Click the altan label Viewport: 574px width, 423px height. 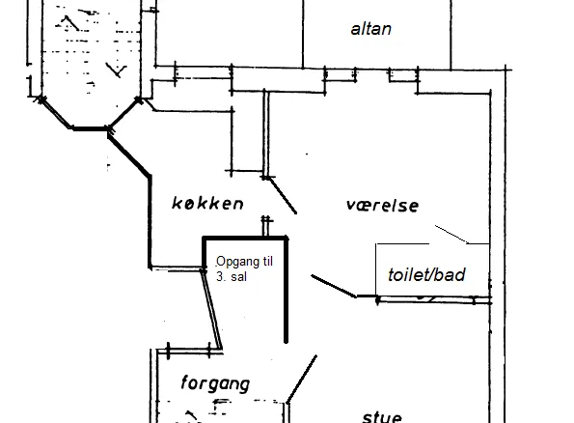click(x=370, y=29)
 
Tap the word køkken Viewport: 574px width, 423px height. click(x=207, y=204)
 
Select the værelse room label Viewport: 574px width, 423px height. click(x=382, y=206)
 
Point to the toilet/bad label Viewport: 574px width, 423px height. click(x=426, y=275)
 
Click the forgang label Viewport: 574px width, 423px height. click(x=215, y=383)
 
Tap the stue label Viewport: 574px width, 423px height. click(x=382, y=417)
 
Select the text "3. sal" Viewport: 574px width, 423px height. click(x=232, y=277)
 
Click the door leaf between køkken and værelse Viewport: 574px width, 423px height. click(x=283, y=195)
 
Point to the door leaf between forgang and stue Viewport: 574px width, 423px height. click(x=302, y=379)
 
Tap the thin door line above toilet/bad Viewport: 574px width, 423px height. click(x=451, y=235)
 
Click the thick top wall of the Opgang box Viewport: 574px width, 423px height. click(x=245, y=239)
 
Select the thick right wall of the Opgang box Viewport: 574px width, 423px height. click(x=287, y=291)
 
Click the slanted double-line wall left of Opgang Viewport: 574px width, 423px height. click(x=212, y=310)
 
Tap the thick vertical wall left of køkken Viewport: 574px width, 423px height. click(x=150, y=222)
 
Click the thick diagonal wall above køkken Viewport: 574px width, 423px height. click(x=129, y=155)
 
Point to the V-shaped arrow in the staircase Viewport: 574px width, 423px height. click(x=117, y=70)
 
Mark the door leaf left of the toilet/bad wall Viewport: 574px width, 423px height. click(x=334, y=286)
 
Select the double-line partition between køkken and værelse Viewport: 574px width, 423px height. click(x=266, y=134)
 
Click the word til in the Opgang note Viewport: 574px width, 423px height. click(x=267, y=262)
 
